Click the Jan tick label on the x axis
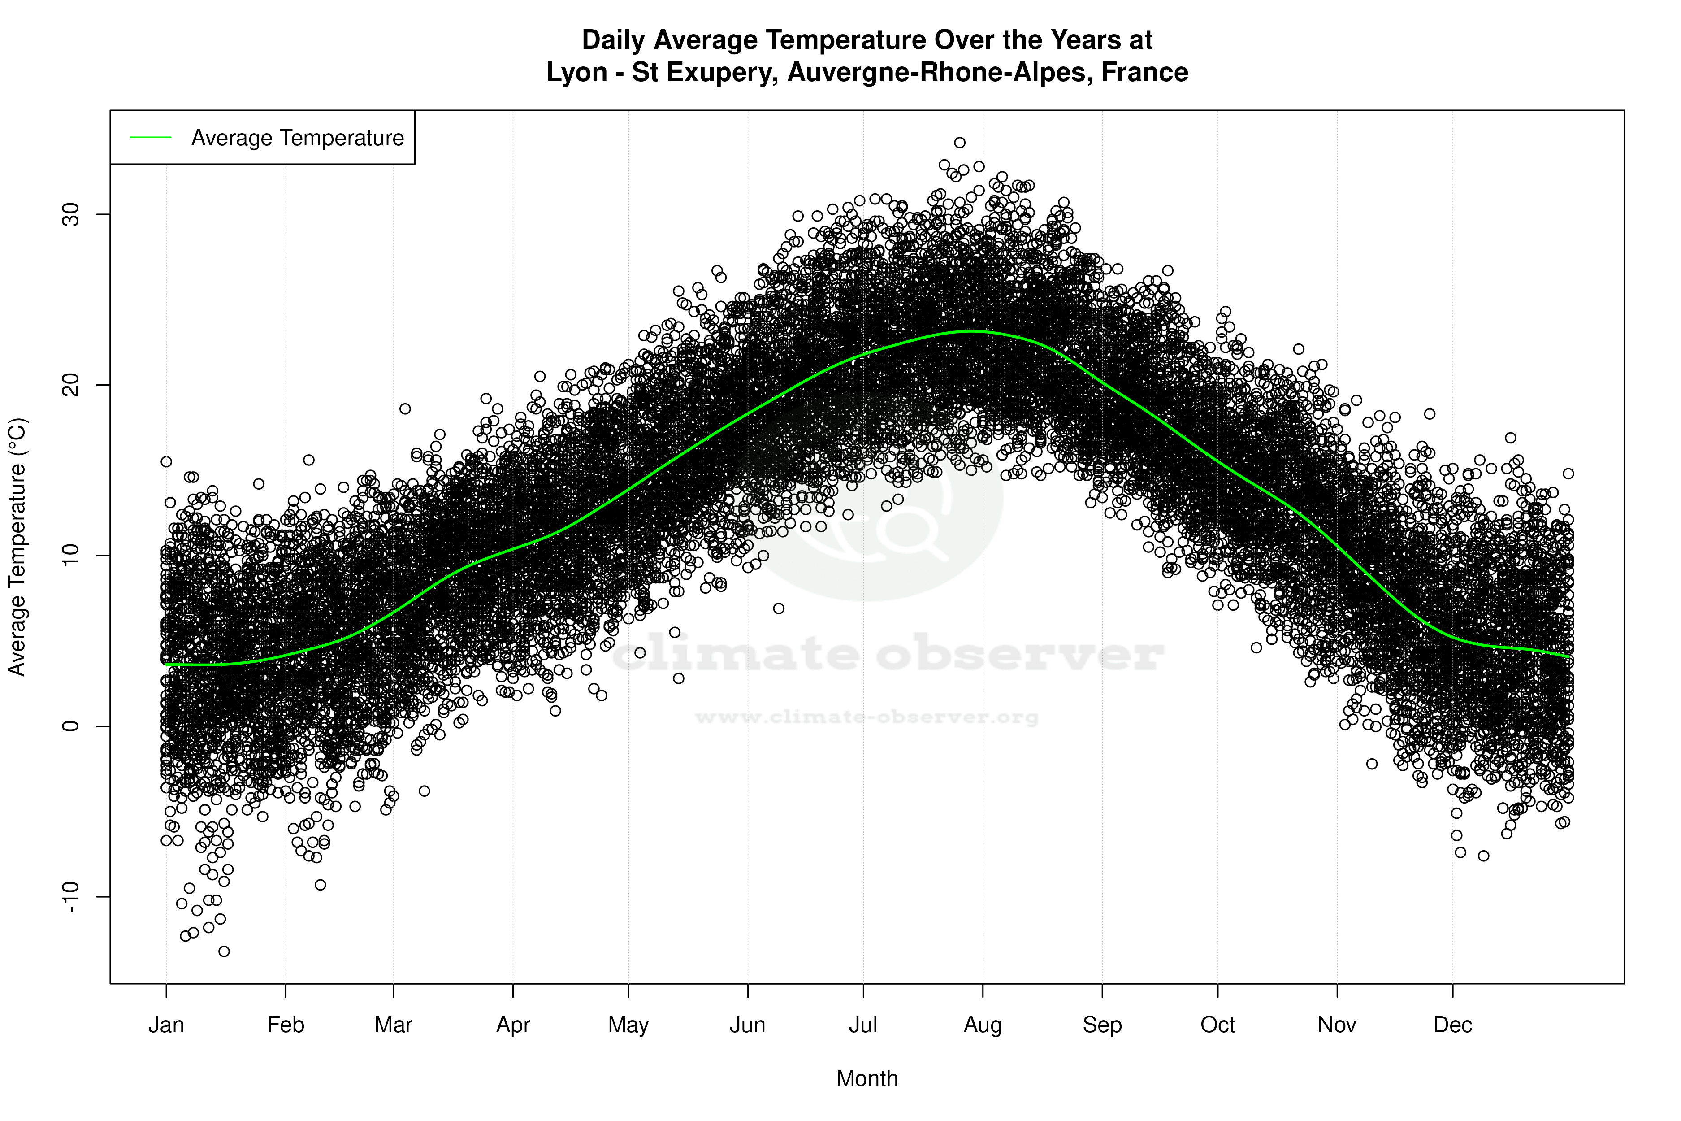pyautogui.click(x=166, y=1025)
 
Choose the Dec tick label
pyautogui.click(x=1452, y=1025)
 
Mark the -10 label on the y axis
pyautogui.click(x=71, y=896)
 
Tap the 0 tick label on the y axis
pyautogui.click(x=71, y=726)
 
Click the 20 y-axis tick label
pyautogui.click(x=71, y=385)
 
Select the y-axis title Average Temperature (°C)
pyautogui.click(x=17, y=547)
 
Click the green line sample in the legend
pyautogui.click(x=151, y=137)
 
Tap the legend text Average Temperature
pyautogui.click(x=297, y=138)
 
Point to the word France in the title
pyautogui.click(x=1144, y=72)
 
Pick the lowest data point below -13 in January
pyautogui.click(x=224, y=952)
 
